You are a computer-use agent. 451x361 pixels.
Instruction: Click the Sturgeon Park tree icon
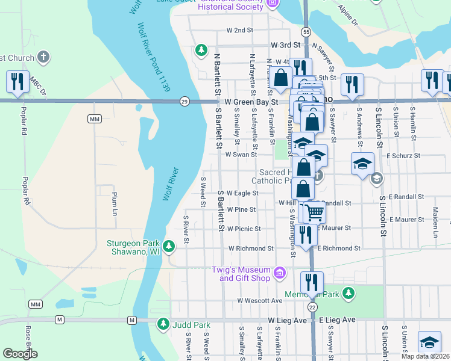pos(169,246)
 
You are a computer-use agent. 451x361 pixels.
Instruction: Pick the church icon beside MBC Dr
pos(42,58)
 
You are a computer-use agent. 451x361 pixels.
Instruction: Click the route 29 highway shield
pos(184,102)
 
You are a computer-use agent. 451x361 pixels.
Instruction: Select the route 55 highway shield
pos(307,31)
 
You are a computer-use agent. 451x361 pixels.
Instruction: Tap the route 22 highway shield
pos(312,307)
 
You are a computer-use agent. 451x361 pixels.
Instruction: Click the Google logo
pos(20,354)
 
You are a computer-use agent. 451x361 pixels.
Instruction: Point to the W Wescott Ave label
pos(260,300)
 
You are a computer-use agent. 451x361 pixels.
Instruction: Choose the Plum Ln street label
pos(113,204)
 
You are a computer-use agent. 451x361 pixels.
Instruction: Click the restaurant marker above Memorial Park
pos(312,282)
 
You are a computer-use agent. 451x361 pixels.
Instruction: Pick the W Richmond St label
pos(251,248)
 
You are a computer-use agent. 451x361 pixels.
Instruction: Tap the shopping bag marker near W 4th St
pos(281,77)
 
